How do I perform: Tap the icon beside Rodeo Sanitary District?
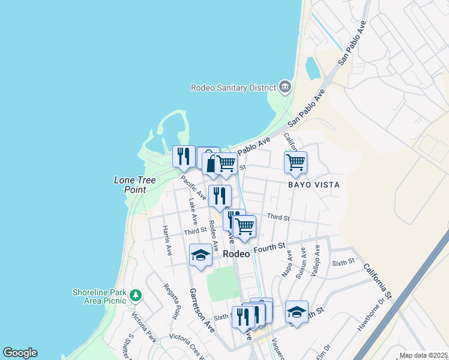point(285,88)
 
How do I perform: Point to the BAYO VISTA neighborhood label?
point(313,185)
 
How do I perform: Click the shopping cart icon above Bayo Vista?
point(295,162)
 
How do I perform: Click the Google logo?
point(20,353)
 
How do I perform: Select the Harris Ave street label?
point(167,239)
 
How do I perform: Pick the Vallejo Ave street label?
point(316,262)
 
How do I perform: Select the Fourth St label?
point(268,248)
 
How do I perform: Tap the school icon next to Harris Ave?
point(200,256)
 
